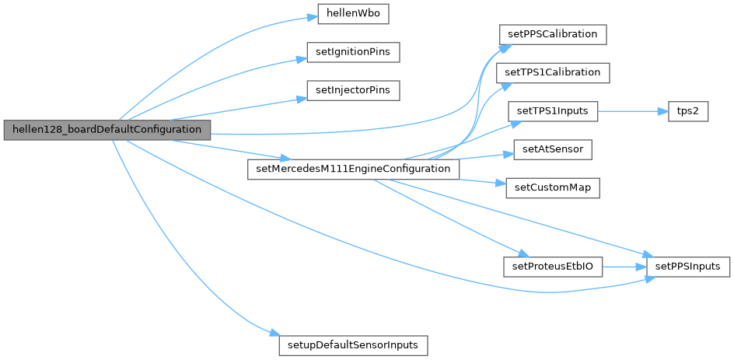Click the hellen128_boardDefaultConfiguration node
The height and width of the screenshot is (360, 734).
click(x=107, y=129)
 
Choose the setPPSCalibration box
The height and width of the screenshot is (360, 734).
click(x=552, y=34)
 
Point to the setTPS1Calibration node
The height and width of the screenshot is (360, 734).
click(x=552, y=72)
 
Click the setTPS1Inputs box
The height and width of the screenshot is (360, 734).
click(x=553, y=110)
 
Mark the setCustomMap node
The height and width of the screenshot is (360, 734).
click(x=552, y=187)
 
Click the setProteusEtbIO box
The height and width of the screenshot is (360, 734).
click(x=552, y=267)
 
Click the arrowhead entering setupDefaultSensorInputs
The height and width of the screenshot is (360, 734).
click(x=274, y=334)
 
